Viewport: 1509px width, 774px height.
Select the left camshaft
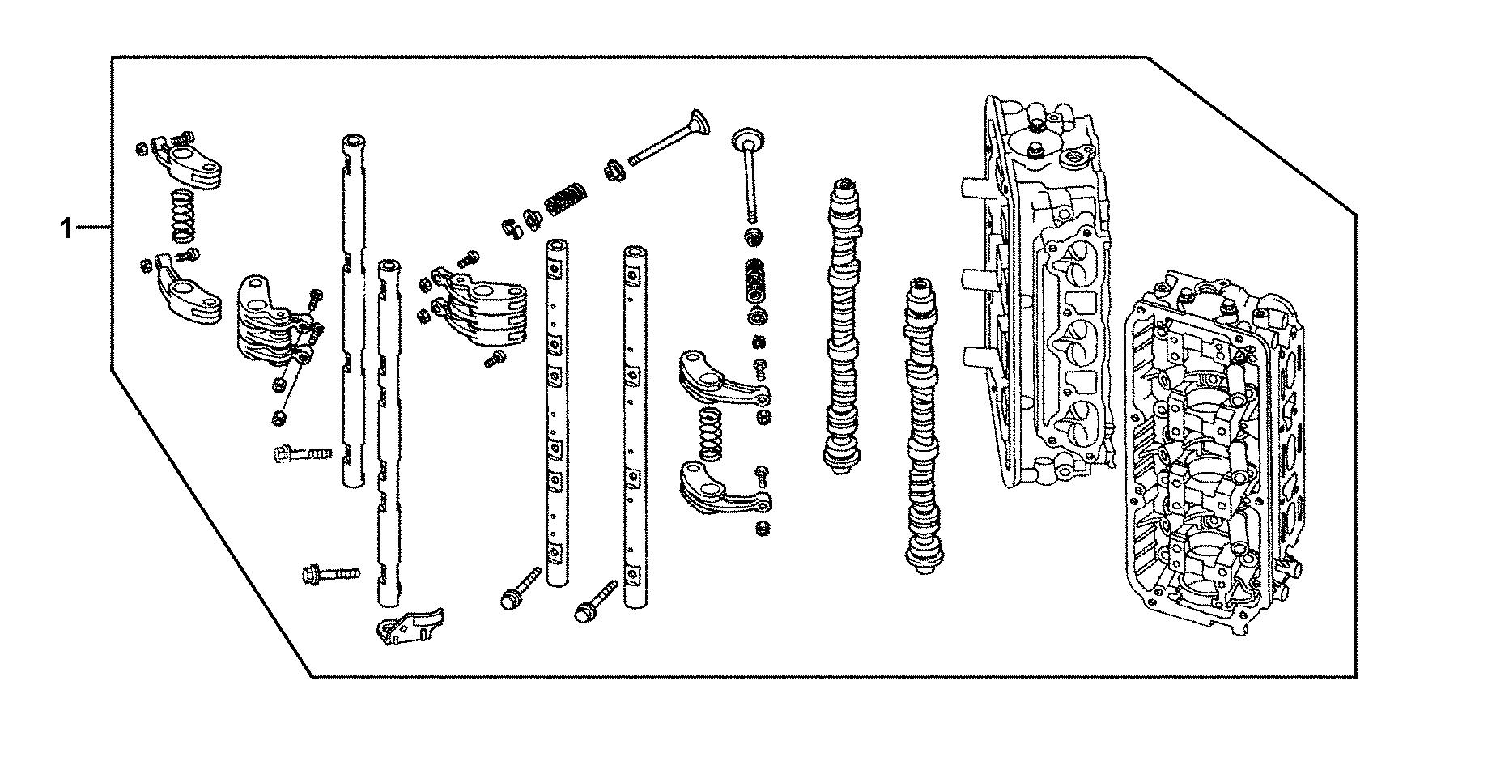point(842,324)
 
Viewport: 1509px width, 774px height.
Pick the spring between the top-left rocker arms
point(185,215)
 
